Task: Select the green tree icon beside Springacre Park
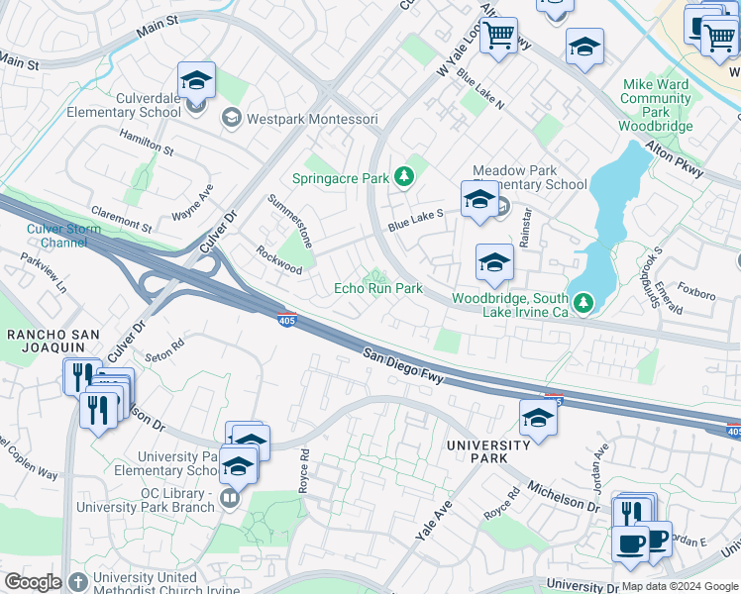coord(404,177)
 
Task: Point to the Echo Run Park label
coord(377,288)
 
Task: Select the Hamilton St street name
coord(146,144)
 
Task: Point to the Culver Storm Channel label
coord(57,236)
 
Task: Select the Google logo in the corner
coord(32,582)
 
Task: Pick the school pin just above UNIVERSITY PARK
coord(537,417)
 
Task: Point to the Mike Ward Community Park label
coord(655,106)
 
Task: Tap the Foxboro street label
coord(697,294)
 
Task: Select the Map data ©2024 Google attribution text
coord(680,586)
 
